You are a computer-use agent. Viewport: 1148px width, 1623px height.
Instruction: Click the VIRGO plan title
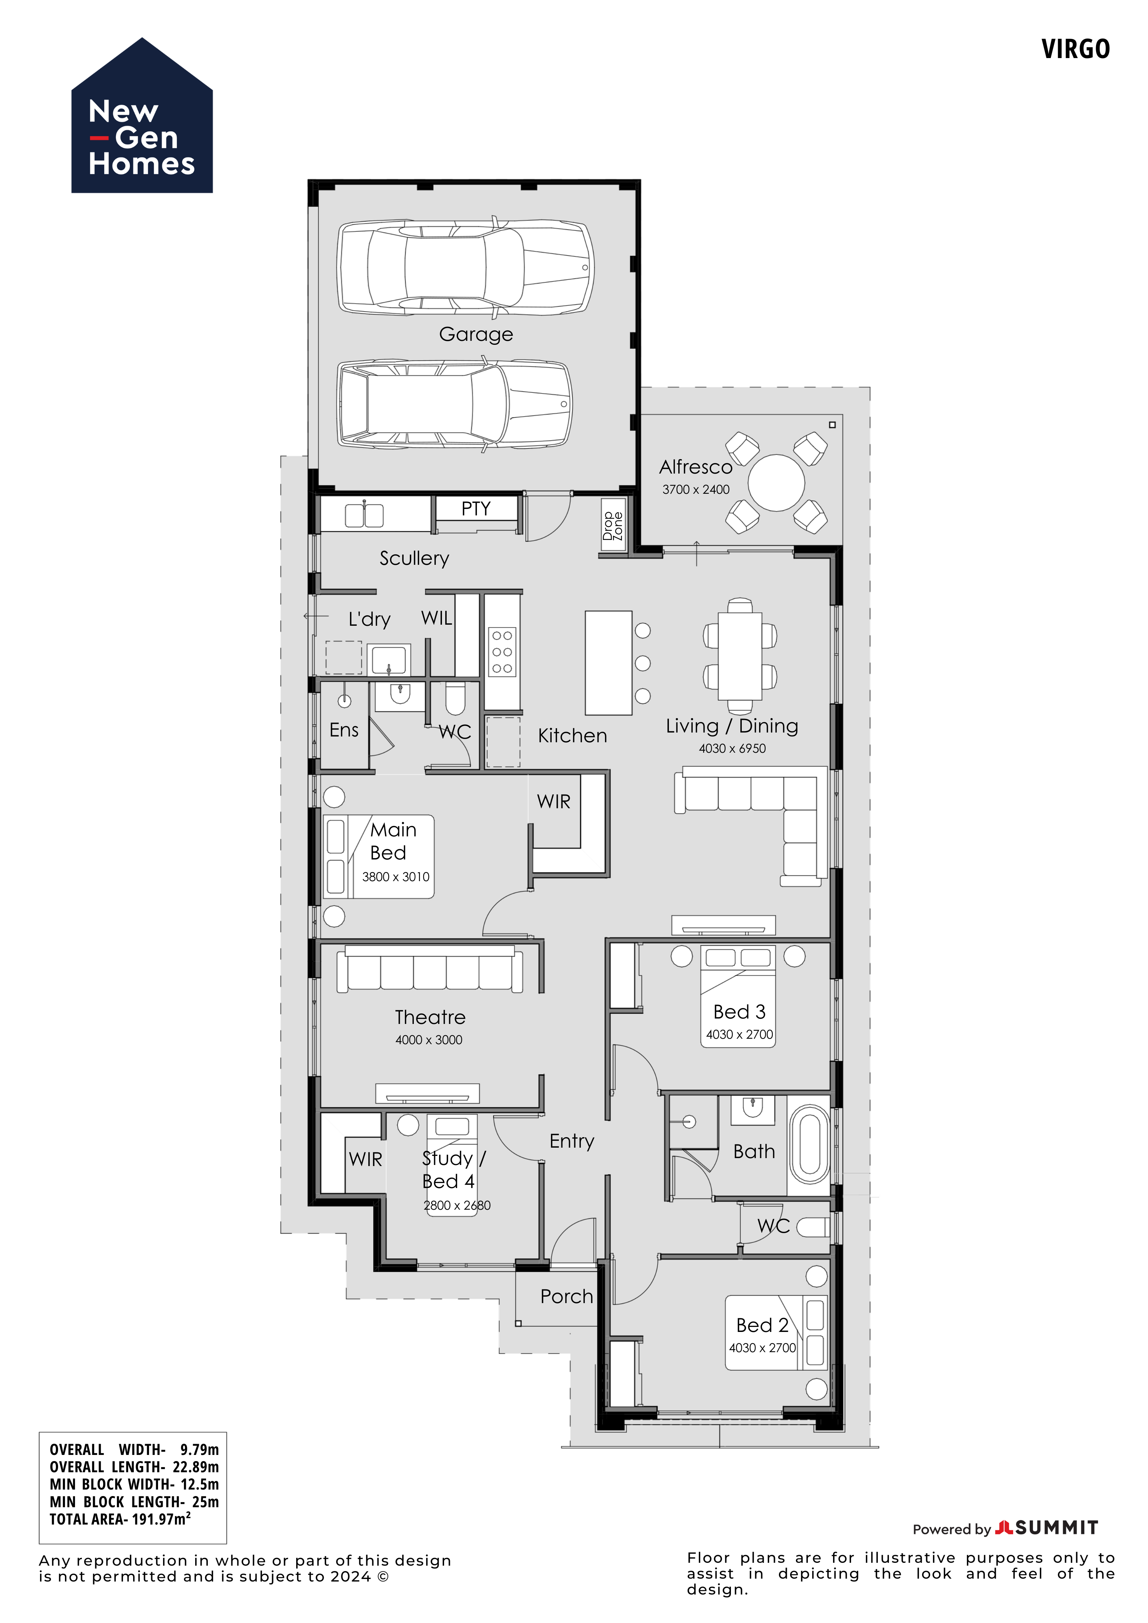coord(1075,49)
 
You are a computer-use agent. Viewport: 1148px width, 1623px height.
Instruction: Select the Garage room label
coord(476,334)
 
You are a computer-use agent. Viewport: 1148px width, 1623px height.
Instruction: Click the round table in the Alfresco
coord(776,483)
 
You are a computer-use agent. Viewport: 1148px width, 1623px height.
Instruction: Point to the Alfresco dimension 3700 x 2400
coord(696,489)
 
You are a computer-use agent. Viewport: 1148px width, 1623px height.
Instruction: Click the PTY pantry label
coord(476,509)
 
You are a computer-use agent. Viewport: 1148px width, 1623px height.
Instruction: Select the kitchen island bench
coord(609,663)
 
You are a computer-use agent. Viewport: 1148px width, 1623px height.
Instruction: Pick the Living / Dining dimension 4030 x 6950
coord(732,749)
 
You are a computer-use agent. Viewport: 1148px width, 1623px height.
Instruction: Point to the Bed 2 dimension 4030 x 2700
coord(763,1348)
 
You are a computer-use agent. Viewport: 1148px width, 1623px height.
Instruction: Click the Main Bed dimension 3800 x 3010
coord(396,876)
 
